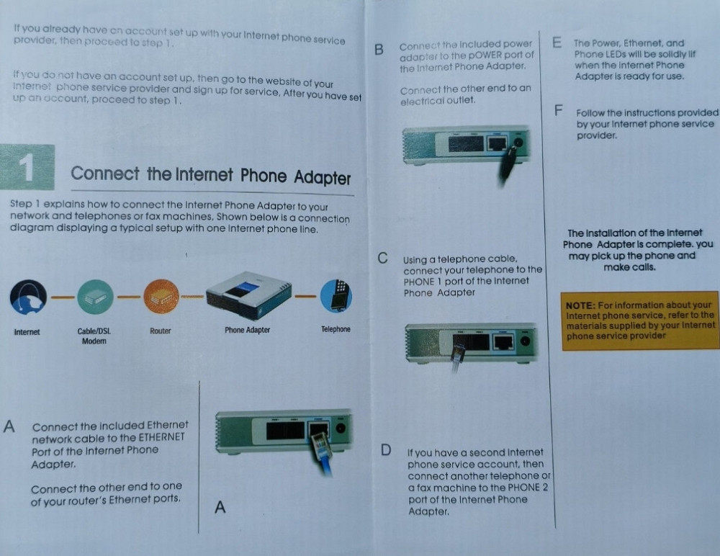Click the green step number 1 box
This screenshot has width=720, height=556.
click(x=28, y=167)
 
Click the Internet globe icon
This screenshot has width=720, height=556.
click(x=28, y=297)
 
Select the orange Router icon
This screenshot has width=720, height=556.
click(x=161, y=297)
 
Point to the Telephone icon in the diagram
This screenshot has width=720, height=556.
click(x=336, y=295)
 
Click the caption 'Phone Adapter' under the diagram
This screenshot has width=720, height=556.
click(x=247, y=330)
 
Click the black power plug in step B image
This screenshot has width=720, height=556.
click(x=508, y=162)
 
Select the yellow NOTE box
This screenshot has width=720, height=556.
click(x=639, y=320)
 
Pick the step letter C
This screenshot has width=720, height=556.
click(x=383, y=258)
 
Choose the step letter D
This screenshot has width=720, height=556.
click(x=386, y=451)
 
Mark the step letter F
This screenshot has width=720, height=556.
click(x=558, y=112)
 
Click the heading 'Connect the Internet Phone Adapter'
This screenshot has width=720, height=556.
click(x=210, y=175)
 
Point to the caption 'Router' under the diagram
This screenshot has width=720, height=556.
click(x=160, y=330)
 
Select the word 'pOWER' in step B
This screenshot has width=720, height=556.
click(x=483, y=55)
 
